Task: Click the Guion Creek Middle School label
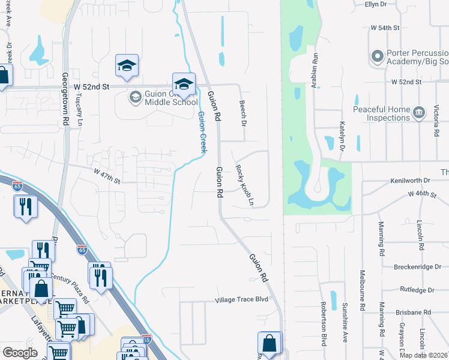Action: click(163, 98)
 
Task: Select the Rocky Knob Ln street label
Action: click(245, 185)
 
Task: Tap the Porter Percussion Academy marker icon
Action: click(378, 56)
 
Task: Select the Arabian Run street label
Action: click(313, 70)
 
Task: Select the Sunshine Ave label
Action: click(345, 327)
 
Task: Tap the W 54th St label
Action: click(385, 28)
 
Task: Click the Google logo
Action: click(20, 353)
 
